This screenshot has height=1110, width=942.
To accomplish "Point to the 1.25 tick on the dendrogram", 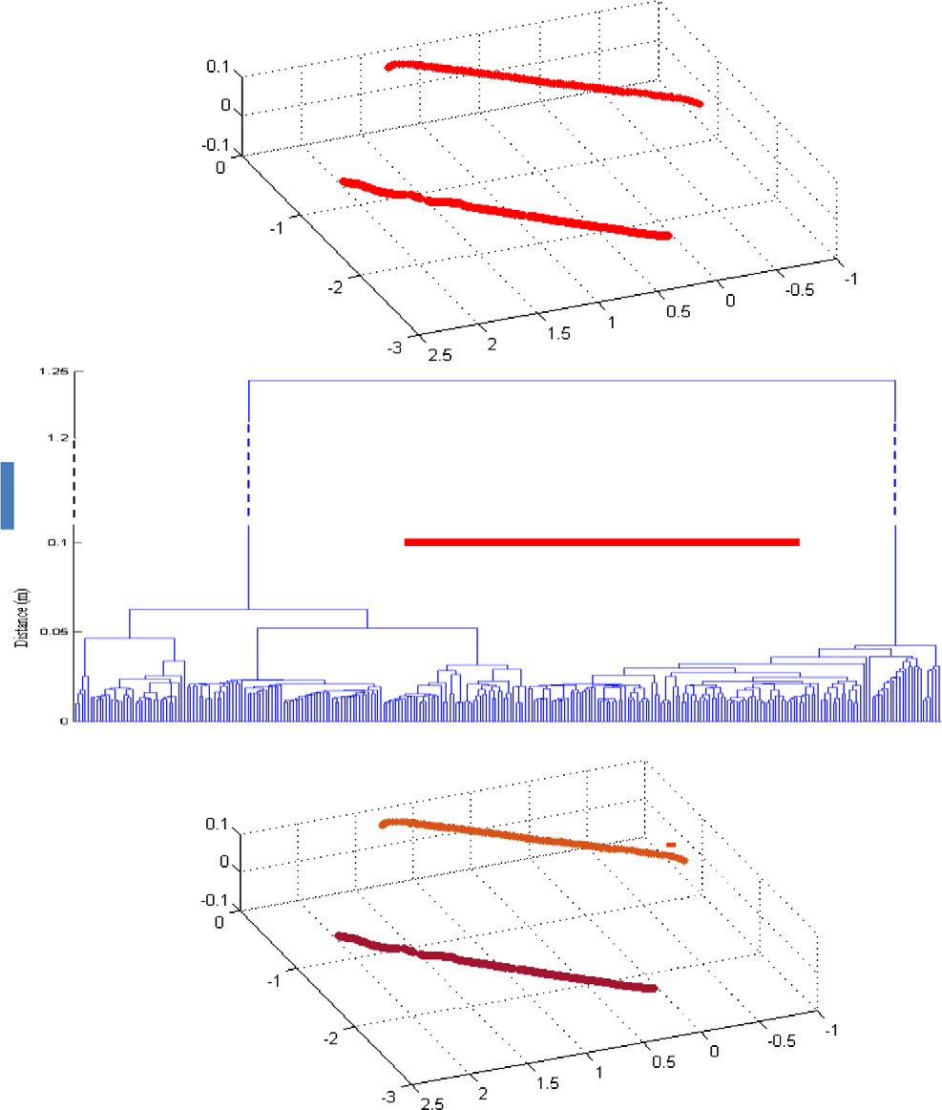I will pos(53,372).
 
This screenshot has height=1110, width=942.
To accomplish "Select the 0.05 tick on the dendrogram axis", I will pos(54,632).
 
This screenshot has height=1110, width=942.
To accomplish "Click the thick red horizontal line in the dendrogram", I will pos(601,542).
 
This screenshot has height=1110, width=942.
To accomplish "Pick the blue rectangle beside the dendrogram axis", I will pos(8,494).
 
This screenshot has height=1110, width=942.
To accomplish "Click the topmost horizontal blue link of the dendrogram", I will pos(571,380).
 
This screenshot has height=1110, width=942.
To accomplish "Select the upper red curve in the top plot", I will pos(544,80).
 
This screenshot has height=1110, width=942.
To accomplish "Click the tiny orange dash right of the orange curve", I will pos(671,845).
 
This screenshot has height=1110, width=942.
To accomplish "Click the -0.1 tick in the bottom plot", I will pos(219,901).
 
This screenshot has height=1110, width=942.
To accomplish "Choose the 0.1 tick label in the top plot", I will pos(220,67).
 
